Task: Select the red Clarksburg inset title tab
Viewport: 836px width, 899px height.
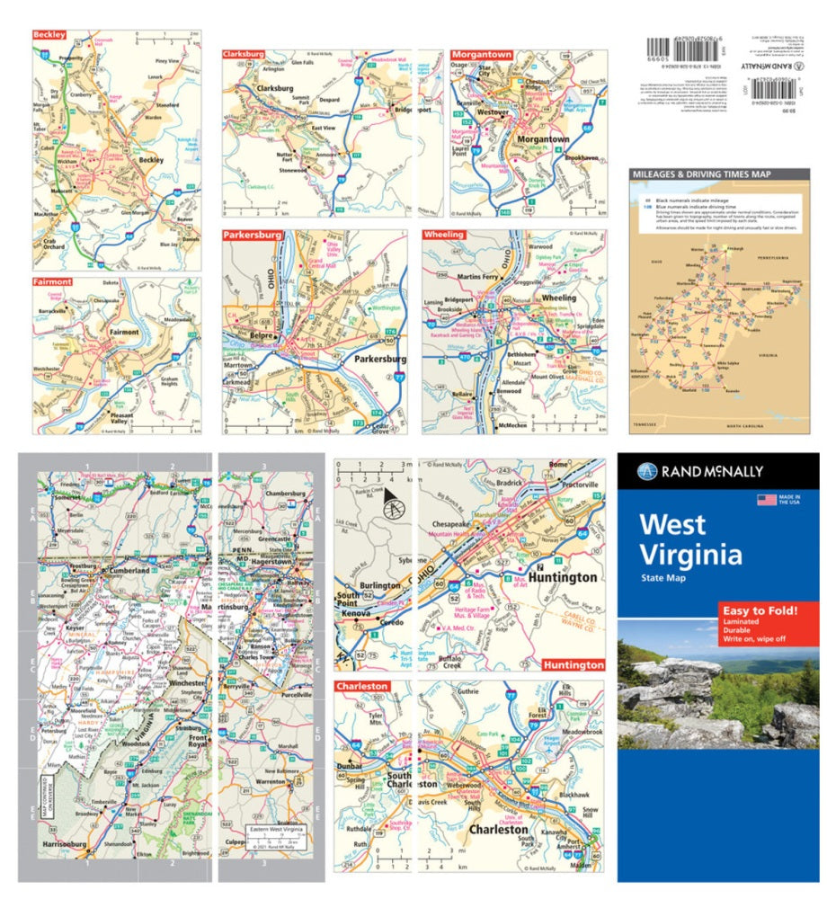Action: (243, 54)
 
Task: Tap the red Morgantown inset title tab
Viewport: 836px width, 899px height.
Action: (482, 54)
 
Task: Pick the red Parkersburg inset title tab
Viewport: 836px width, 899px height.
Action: (252, 235)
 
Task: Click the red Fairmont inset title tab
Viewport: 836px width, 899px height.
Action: (51, 281)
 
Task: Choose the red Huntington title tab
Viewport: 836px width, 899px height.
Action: (573, 664)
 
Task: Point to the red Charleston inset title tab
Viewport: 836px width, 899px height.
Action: (362, 686)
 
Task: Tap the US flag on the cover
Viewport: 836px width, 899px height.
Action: (766, 499)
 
